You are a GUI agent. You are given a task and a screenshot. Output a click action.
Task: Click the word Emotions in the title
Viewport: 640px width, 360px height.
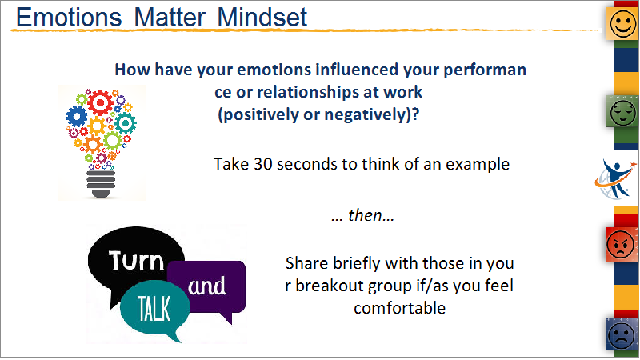point(69,18)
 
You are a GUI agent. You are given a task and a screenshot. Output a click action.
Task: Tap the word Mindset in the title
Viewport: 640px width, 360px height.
point(262,18)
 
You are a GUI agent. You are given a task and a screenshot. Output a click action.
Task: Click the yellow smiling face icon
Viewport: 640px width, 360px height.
point(622,23)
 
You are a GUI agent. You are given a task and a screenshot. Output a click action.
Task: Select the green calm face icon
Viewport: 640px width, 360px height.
point(622,111)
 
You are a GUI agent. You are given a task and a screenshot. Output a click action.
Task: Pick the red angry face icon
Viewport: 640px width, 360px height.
point(621,244)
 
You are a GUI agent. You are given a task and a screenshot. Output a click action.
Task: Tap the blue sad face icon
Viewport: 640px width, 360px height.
point(622,334)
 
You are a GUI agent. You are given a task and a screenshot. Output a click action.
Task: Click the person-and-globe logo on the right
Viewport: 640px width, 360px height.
point(615,179)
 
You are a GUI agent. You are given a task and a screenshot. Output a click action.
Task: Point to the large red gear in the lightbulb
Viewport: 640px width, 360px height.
point(100,102)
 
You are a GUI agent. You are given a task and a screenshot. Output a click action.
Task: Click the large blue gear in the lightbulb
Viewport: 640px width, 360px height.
point(77,116)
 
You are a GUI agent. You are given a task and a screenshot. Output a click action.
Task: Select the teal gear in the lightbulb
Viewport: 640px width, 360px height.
point(126,123)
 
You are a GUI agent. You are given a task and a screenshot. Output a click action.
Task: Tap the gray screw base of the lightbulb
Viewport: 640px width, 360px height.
point(101,184)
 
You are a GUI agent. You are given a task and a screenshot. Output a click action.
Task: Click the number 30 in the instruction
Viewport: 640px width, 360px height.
point(263,164)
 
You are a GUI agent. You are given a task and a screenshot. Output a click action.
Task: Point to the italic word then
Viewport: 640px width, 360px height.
point(366,215)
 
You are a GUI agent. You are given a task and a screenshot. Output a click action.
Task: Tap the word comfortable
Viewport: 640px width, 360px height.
point(399,308)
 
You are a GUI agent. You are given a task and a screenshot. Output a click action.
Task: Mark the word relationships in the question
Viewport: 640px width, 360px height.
point(308,92)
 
